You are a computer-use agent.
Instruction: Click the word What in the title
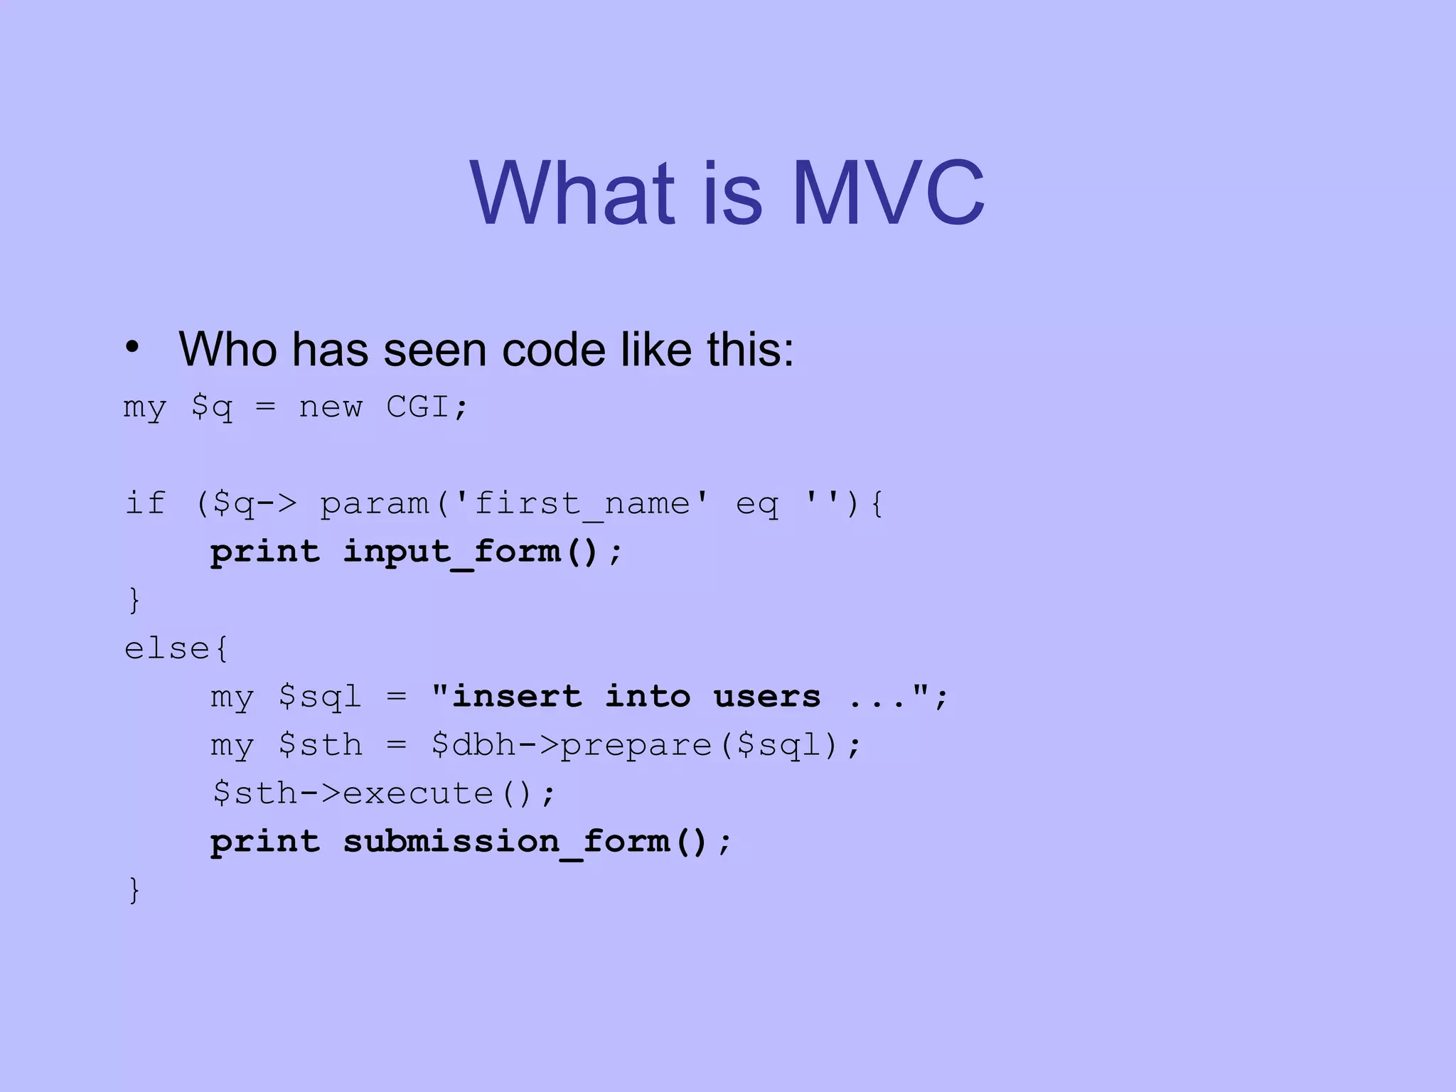tap(572, 193)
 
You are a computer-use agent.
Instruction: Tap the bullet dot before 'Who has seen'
tap(132, 348)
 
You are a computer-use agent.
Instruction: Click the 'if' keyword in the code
tap(145, 503)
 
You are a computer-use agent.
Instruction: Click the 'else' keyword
tap(167, 648)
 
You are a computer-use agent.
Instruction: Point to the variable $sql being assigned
tap(320, 697)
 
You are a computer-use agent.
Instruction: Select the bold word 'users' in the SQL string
tap(767, 697)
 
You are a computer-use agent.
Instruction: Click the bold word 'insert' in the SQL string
tap(517, 697)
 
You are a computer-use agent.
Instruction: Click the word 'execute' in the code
tap(418, 793)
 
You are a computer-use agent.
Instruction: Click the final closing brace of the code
tap(134, 890)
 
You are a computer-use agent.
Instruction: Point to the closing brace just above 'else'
tap(134, 600)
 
